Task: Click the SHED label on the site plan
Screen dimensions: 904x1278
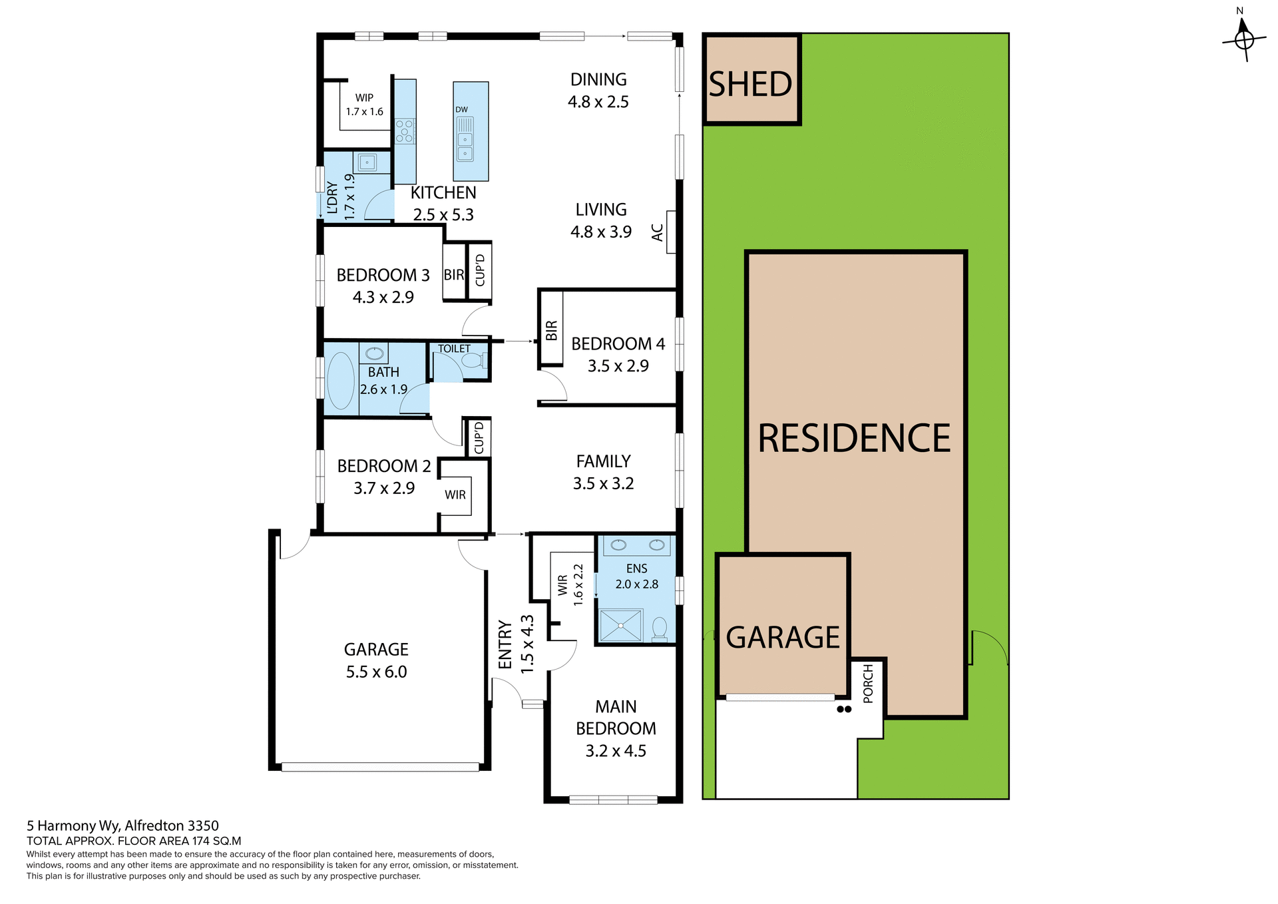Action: pos(750,85)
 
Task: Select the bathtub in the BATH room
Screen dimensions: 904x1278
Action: pos(341,381)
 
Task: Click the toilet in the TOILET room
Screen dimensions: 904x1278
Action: pos(473,361)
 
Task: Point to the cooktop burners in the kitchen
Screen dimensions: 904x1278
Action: pos(405,131)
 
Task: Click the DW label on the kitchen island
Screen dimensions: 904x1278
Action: pos(461,110)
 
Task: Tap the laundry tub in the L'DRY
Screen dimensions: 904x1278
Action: pos(366,162)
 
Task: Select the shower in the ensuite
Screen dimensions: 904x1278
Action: pos(620,626)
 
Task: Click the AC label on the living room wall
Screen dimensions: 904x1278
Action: pos(658,232)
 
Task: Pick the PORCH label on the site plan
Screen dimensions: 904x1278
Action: pos(868,683)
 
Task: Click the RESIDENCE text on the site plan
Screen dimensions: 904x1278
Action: pos(854,439)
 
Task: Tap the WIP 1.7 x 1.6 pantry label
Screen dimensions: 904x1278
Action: pos(364,105)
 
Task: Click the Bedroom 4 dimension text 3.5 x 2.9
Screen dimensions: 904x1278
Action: pos(618,366)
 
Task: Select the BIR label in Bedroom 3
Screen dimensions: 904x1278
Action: pos(453,275)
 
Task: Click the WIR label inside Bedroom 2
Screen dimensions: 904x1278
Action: pos(455,495)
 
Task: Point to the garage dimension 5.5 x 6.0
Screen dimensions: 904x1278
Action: pos(376,672)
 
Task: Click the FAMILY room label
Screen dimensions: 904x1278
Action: pos(603,461)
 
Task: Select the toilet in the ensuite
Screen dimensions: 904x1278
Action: pos(660,628)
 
